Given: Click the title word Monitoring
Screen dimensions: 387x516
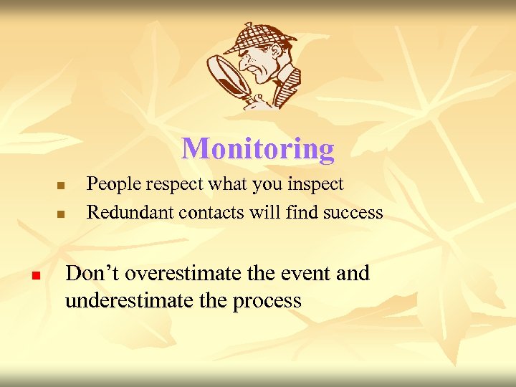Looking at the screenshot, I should [x=257, y=149].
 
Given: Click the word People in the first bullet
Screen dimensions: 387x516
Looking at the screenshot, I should [x=111, y=184].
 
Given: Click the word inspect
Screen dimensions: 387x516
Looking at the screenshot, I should [x=315, y=185].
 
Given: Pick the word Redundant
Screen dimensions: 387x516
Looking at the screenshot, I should [x=130, y=212].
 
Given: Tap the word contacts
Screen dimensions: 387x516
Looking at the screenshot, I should [x=206, y=212].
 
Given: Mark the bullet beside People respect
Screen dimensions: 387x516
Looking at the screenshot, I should [x=61, y=186].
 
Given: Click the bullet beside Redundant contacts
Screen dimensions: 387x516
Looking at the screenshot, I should [x=61, y=214].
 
